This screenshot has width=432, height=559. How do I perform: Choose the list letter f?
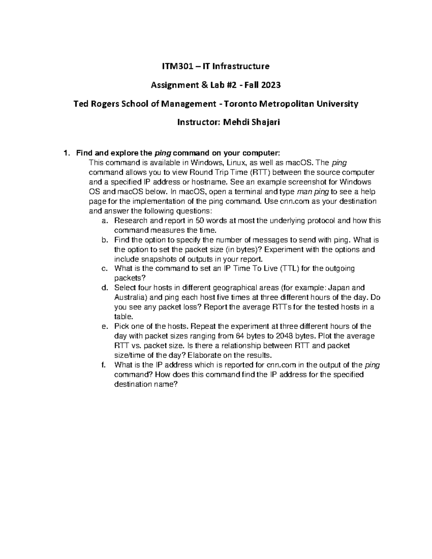coord(103,365)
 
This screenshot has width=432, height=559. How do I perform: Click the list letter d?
coord(104,288)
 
